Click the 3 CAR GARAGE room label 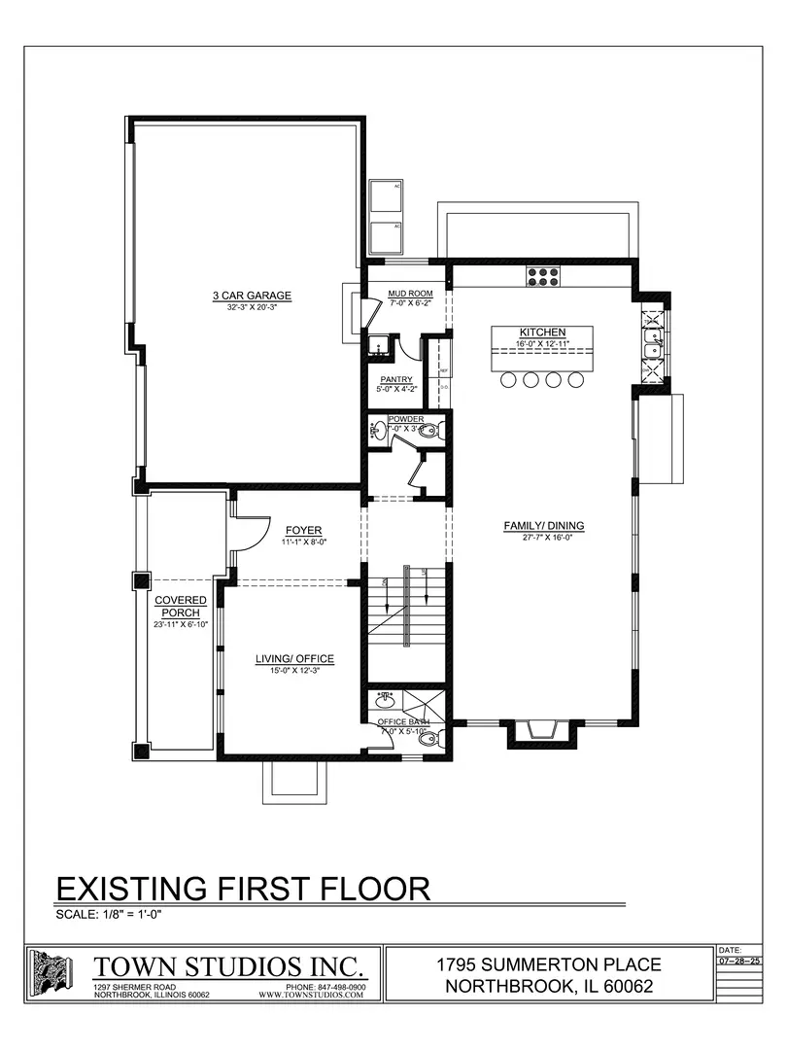coord(253,296)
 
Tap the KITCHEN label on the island coord(542,332)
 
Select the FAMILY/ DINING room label coord(543,526)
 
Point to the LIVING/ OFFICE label coord(294,659)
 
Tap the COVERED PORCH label coord(180,607)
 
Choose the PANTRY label coord(396,379)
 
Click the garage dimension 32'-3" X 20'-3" coord(253,307)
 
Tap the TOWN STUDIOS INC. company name coord(230,966)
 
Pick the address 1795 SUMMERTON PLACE coord(549,964)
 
